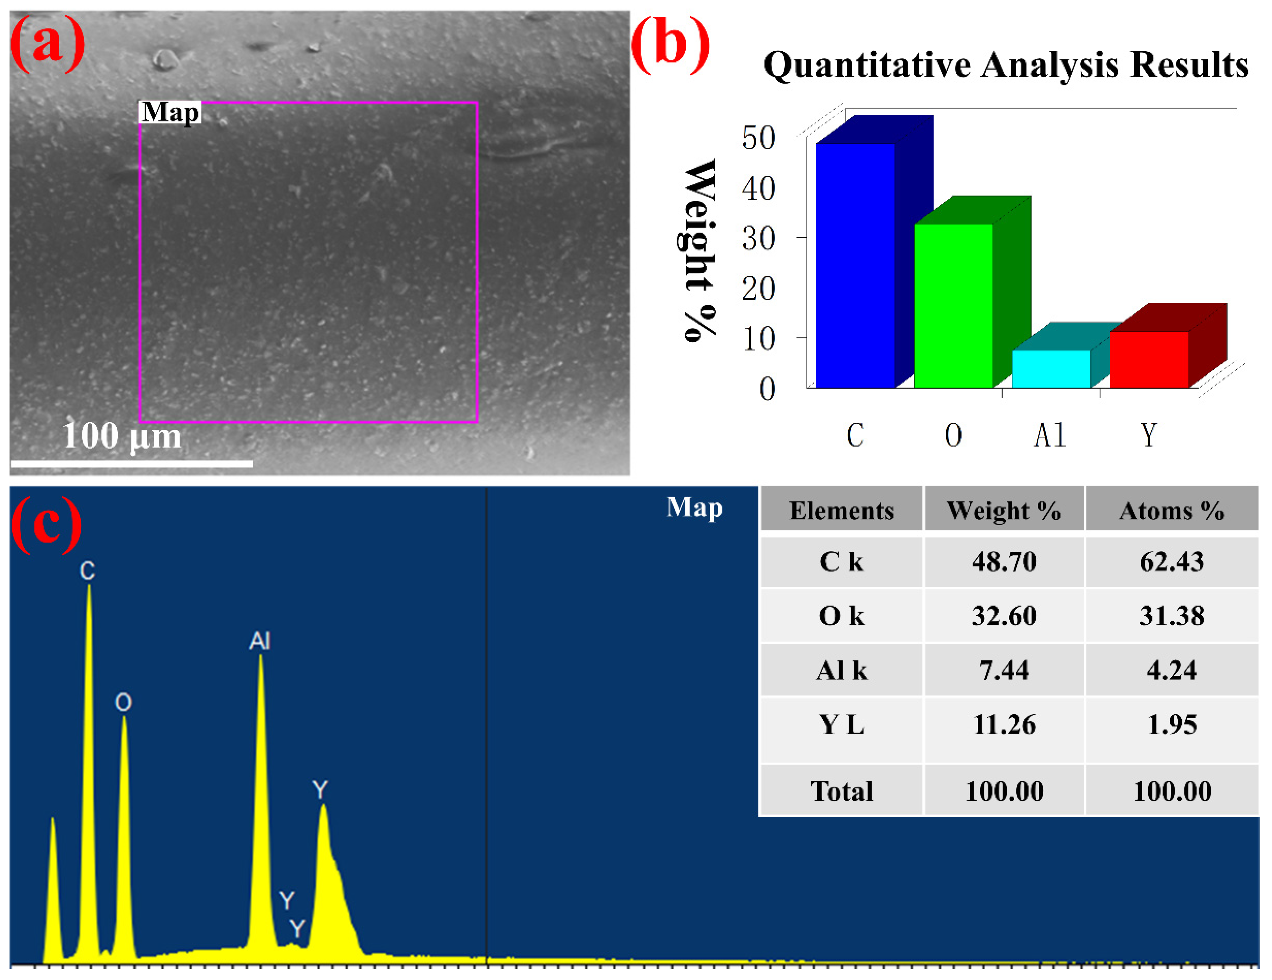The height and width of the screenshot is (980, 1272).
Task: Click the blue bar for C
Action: pyautogui.click(x=855, y=265)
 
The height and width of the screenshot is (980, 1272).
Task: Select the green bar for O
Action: pyautogui.click(x=953, y=306)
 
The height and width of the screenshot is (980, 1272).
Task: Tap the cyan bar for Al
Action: pyautogui.click(x=1051, y=368)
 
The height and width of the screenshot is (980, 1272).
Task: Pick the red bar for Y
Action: pyautogui.click(x=1149, y=360)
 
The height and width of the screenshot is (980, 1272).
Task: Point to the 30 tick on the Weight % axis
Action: pyautogui.click(x=758, y=238)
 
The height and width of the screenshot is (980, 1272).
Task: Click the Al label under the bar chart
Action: pyautogui.click(x=1049, y=435)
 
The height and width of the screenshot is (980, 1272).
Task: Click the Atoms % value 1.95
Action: pyautogui.click(x=1172, y=724)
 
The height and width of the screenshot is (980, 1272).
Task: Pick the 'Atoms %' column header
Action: pyautogui.click(x=1172, y=510)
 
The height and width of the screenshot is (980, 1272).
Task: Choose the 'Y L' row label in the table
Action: pyautogui.click(x=842, y=724)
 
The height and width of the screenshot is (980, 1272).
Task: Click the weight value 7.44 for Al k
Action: pyautogui.click(x=1004, y=670)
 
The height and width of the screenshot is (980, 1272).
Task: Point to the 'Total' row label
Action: pyautogui.click(x=842, y=790)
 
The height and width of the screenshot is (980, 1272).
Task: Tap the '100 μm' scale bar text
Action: pyautogui.click(x=122, y=436)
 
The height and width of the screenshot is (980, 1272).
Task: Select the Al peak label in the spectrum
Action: pyautogui.click(x=260, y=641)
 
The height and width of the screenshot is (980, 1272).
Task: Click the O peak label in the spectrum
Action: pyautogui.click(x=123, y=702)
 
